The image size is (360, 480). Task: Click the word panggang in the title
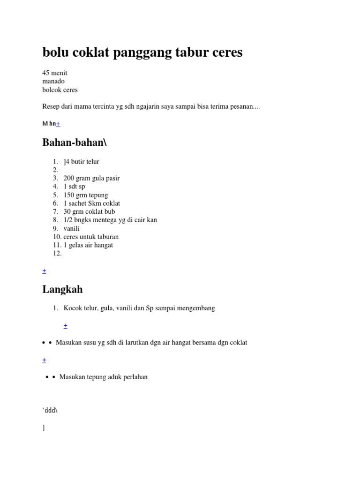coord(142,52)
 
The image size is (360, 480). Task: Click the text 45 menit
coord(55,73)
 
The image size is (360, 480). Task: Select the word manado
coord(53,81)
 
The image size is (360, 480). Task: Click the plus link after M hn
coord(58,124)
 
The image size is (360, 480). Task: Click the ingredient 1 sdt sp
coord(74,187)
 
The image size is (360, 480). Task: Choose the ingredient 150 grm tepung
coord(86,195)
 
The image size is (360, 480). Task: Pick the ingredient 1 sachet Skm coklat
coord(92,203)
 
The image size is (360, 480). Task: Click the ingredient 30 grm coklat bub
coord(89,211)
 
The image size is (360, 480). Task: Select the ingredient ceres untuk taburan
coord(91,237)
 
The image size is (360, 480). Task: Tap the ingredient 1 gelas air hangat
coord(88,245)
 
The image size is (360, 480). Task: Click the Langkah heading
coord(62,289)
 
